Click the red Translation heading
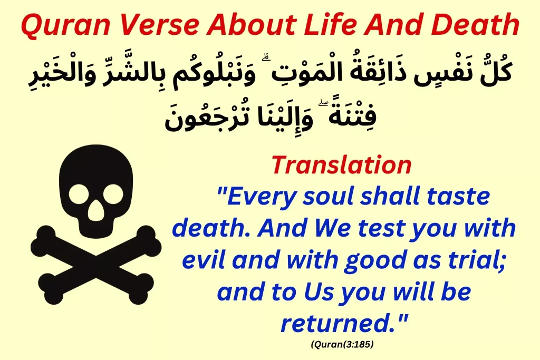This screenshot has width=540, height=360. point(341,165)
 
